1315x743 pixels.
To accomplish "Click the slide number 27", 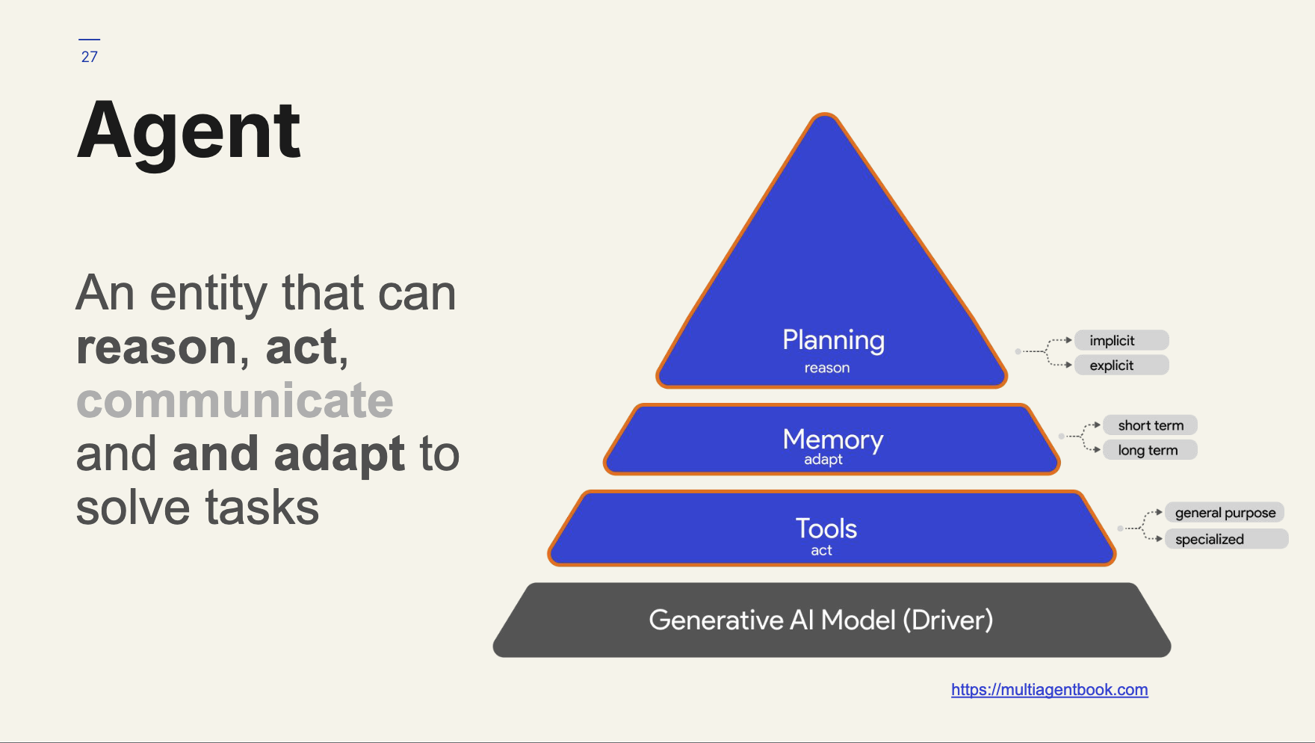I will click(x=90, y=57).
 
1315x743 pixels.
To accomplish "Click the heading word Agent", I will click(x=189, y=132).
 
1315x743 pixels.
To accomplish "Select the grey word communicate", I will click(x=235, y=401).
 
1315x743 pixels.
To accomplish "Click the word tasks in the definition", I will click(x=262, y=508).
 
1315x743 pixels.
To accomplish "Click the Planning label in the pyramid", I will click(x=833, y=340).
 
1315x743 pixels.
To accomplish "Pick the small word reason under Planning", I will click(x=827, y=368).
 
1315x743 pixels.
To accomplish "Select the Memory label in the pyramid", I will click(x=833, y=440).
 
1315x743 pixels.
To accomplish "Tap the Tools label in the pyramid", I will click(x=826, y=528).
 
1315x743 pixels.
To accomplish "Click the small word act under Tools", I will click(x=822, y=551).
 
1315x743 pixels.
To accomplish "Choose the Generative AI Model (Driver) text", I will click(x=821, y=620).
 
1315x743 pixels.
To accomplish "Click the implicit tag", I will click(x=1121, y=341).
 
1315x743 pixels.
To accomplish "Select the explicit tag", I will click(x=1121, y=366).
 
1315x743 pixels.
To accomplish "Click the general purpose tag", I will click(x=1225, y=513).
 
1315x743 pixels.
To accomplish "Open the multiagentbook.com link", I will click(x=1049, y=690).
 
